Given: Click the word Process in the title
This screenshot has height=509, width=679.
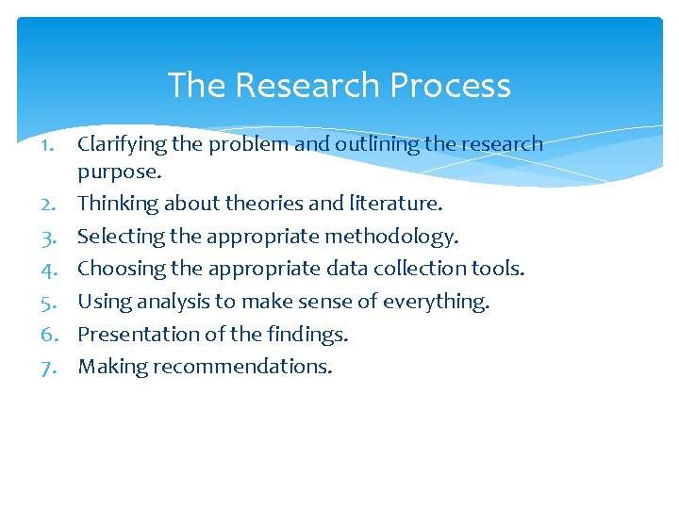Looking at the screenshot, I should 450,86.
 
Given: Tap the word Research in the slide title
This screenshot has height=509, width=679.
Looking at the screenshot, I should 308,86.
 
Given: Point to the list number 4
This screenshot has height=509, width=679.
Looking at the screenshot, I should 50,269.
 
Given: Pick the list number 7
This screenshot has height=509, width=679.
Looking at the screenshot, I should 50,367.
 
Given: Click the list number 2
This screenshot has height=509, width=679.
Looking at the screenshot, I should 50,204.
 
